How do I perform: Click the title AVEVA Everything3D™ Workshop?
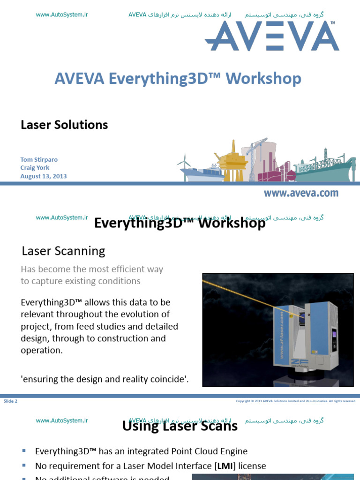coord(178,78)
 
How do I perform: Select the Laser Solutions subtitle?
coord(64,125)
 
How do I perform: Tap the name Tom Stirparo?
coord(39,159)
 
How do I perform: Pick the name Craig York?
coord(35,168)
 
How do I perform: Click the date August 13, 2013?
coord(44,176)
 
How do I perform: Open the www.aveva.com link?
coord(300,193)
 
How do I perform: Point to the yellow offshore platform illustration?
coord(232,162)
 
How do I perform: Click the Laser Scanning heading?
coord(63,251)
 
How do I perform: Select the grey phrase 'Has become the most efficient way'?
coord(92,269)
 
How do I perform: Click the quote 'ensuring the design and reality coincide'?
coord(105,380)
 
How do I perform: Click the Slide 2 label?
coord(10,401)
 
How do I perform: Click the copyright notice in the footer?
coord(296,401)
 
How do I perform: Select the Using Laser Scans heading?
coord(180,426)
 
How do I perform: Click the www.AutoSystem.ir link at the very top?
coord(62,15)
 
